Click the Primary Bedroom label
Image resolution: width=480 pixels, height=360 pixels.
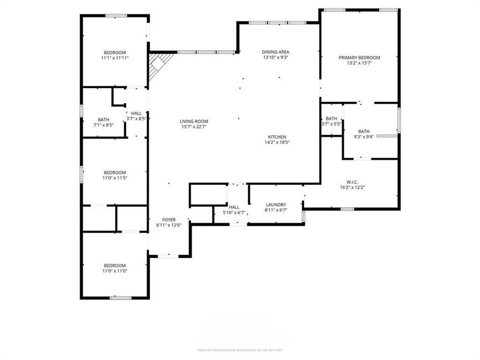point(359,58)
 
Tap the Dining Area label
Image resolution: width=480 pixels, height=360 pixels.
point(275,52)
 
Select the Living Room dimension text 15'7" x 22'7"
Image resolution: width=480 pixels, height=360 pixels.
point(194,127)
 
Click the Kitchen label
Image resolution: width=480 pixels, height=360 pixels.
point(277,137)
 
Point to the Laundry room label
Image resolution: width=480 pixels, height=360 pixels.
point(276,205)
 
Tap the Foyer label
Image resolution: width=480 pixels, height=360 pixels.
point(169,220)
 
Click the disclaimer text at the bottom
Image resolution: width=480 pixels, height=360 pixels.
point(239,349)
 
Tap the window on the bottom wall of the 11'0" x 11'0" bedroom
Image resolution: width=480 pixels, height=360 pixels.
point(120,298)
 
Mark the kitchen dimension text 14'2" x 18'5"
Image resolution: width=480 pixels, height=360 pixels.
point(277,143)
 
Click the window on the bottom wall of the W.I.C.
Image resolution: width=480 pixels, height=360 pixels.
point(347,209)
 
